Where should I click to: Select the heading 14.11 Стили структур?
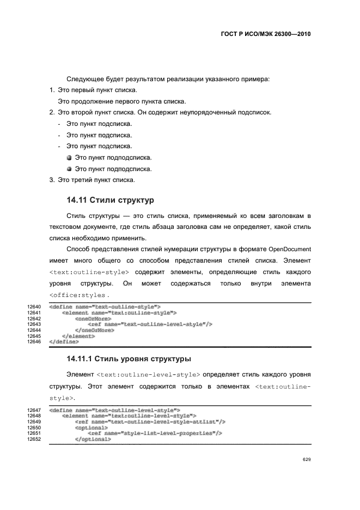(x=110, y=199)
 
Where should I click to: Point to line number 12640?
(x=34, y=307)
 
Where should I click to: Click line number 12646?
(x=34, y=342)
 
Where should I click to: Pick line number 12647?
(x=34, y=410)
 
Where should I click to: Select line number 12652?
(x=34, y=439)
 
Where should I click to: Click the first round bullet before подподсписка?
(x=69, y=158)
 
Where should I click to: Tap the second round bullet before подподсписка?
(x=69, y=169)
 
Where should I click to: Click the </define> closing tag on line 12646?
(x=64, y=342)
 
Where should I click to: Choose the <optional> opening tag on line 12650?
(x=91, y=428)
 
